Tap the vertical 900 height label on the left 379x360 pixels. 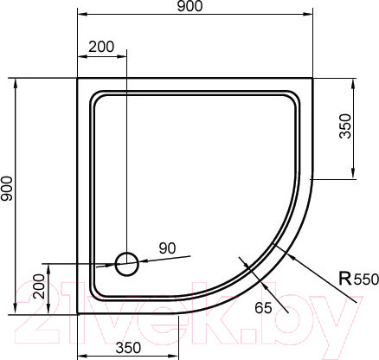pyautogui.click(x=8, y=196)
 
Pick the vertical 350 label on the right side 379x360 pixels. pyautogui.click(x=345, y=126)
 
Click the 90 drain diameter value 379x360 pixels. pyautogui.click(x=167, y=248)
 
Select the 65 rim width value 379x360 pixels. pyautogui.click(x=265, y=307)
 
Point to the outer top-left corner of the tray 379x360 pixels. pyautogui.click(x=78, y=79)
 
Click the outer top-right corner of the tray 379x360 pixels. pyautogui.click(x=313, y=79)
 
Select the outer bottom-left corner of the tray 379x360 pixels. pyautogui.click(x=78, y=314)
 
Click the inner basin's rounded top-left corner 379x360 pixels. pyautogui.click(x=96, y=97)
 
